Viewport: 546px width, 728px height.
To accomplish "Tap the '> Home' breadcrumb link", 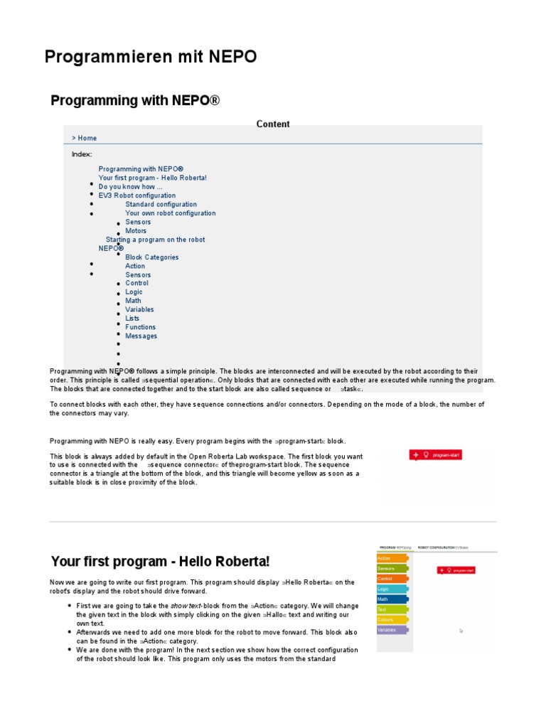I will pyautogui.click(x=84, y=138).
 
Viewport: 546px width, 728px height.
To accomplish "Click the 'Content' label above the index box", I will pyautogui.click(x=273, y=124).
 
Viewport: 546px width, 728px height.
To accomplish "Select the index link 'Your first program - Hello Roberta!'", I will pyautogui.click(x=153, y=178).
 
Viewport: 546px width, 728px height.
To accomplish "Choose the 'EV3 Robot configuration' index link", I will pyautogui.click(x=137, y=196).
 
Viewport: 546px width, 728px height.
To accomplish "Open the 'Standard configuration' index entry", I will pyautogui.click(x=161, y=204).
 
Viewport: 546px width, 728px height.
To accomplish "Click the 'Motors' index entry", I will pyautogui.click(x=136, y=230).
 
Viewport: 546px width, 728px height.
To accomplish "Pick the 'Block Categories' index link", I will pyautogui.click(x=152, y=257).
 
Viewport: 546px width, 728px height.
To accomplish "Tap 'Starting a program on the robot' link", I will pyautogui.click(x=155, y=240).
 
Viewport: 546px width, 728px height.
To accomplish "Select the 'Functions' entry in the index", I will pyautogui.click(x=141, y=327).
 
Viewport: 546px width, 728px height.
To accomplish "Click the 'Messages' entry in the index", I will pyautogui.click(x=141, y=336).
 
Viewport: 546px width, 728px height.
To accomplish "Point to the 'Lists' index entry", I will pyautogui.click(x=132, y=318).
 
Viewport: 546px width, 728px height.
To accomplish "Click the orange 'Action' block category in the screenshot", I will pyautogui.click(x=391, y=558).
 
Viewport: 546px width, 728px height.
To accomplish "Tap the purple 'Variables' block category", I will pyautogui.click(x=392, y=630).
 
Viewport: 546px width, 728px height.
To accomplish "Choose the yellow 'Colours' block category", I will pyautogui.click(x=391, y=619).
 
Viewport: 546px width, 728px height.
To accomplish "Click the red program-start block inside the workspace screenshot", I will pyautogui.click(x=456, y=570).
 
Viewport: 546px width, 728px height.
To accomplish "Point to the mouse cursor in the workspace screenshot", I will pyautogui.click(x=461, y=630).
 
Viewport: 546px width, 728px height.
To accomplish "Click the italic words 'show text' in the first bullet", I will pyautogui.click(x=185, y=606).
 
